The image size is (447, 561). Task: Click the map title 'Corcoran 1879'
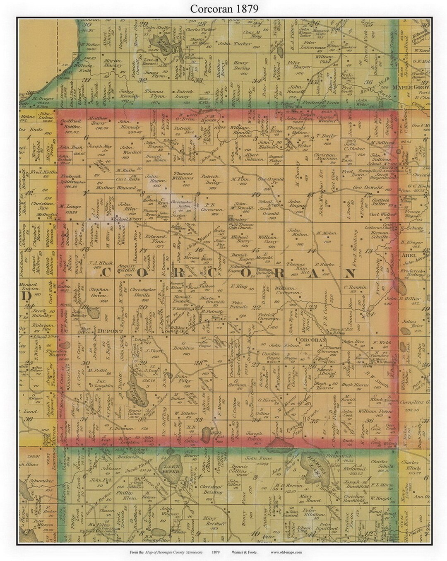223,9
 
